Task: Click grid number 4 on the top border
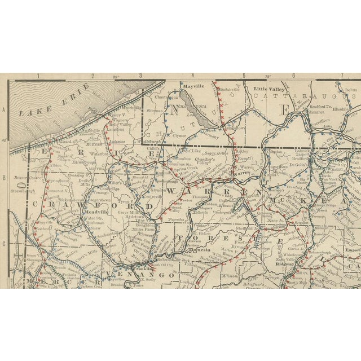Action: (x=192, y=76)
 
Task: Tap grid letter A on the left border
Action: (x=4, y=112)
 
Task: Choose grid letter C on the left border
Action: (x=4, y=244)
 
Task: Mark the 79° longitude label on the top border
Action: (x=269, y=76)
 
